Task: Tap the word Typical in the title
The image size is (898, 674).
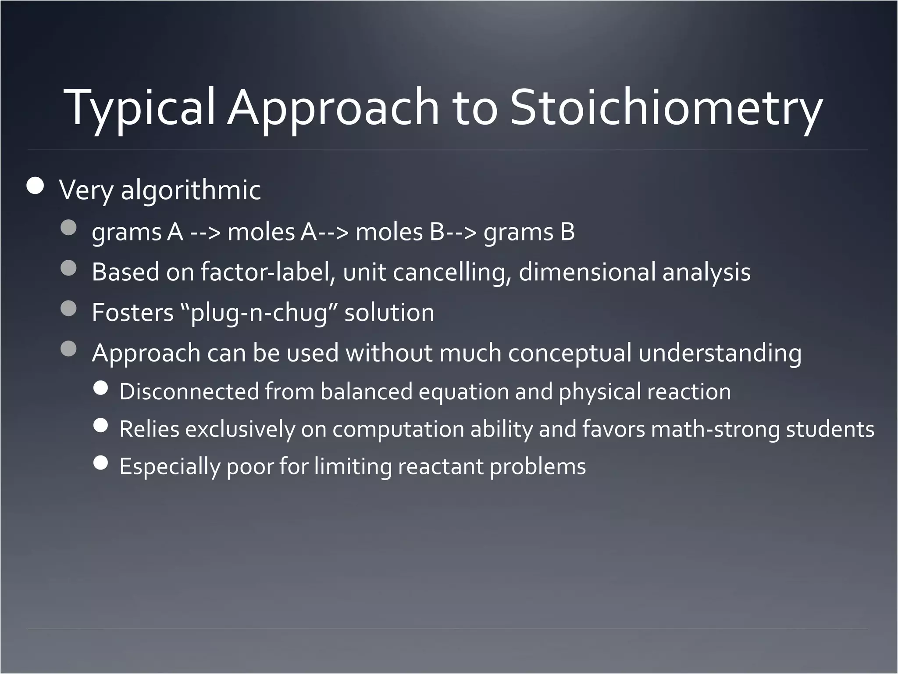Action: pyautogui.click(x=139, y=108)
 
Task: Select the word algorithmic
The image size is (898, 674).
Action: pyautogui.click(x=190, y=190)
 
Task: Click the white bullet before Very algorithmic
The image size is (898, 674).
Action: pyautogui.click(x=35, y=186)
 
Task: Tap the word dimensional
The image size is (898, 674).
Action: pyautogui.click(x=587, y=272)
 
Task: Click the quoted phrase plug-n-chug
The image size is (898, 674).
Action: pyautogui.click(x=259, y=313)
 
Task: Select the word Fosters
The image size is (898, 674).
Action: pyautogui.click(x=133, y=313)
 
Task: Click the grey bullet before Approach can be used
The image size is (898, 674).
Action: pyautogui.click(x=68, y=349)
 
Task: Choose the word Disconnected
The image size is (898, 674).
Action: pyautogui.click(x=189, y=391)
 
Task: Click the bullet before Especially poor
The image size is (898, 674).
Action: pyautogui.click(x=101, y=462)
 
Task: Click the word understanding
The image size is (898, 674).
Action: pyautogui.click(x=720, y=353)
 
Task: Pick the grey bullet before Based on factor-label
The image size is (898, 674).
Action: pyautogui.click(x=68, y=268)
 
